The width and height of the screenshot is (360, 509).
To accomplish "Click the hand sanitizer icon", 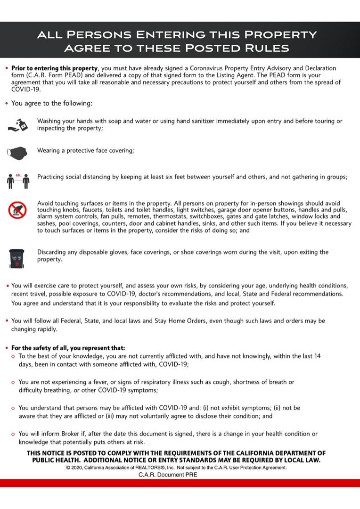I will [19, 124].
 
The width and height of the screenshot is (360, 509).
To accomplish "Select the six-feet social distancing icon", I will [19, 180].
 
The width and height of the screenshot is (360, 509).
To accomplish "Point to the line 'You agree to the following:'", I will [52, 103].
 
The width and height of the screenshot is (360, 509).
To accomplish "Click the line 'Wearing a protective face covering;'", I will [86, 151].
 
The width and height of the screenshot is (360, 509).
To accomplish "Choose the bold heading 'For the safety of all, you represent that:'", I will [68, 348].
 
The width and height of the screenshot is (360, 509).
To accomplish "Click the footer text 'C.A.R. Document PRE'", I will [168, 475].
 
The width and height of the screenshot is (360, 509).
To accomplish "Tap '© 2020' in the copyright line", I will [74, 468].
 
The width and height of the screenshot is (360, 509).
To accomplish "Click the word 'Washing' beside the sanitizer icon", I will [50, 121].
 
